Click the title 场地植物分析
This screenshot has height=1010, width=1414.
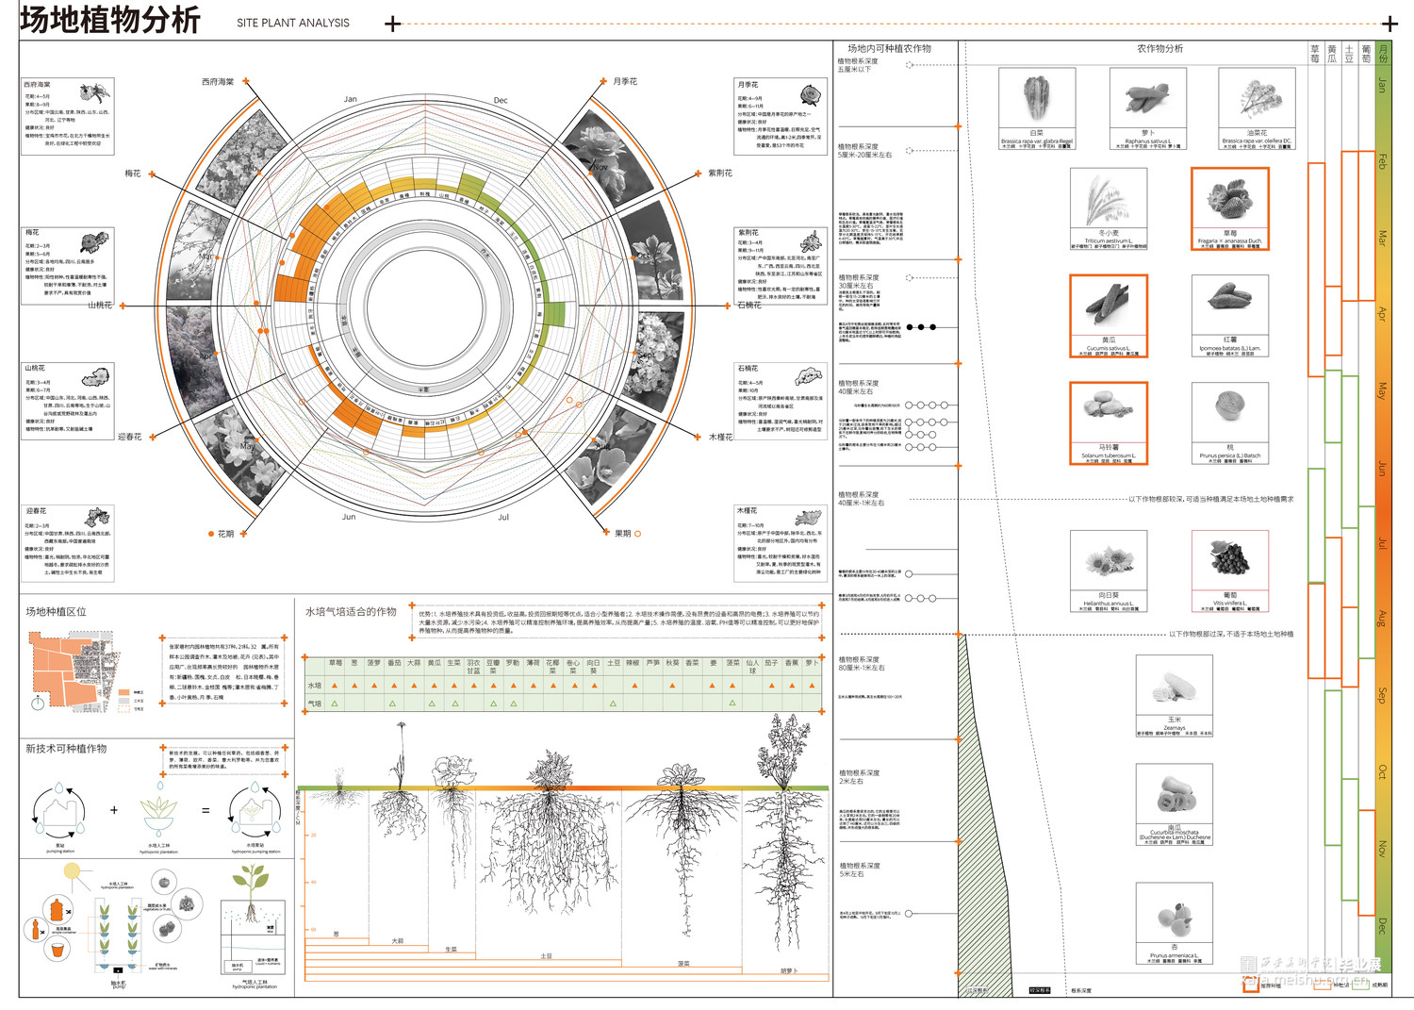(x=110, y=20)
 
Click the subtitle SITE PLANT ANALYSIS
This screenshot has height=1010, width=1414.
(x=292, y=23)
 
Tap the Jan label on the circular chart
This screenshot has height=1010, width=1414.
(x=350, y=99)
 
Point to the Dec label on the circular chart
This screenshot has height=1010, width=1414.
(x=501, y=100)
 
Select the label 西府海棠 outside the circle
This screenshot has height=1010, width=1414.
(x=218, y=82)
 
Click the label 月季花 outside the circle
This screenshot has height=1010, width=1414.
(x=625, y=82)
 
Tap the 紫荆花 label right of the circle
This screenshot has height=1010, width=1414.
(x=720, y=174)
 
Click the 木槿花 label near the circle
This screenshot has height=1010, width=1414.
(x=720, y=437)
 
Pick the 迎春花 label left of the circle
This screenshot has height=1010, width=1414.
(x=130, y=437)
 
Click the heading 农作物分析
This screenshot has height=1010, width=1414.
(x=1159, y=49)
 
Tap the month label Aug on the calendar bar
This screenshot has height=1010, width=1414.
(x=1382, y=619)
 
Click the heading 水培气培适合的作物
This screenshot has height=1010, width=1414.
(x=351, y=612)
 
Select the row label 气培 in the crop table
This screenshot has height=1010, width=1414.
(x=315, y=704)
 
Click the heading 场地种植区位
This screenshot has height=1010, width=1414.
(x=56, y=612)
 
